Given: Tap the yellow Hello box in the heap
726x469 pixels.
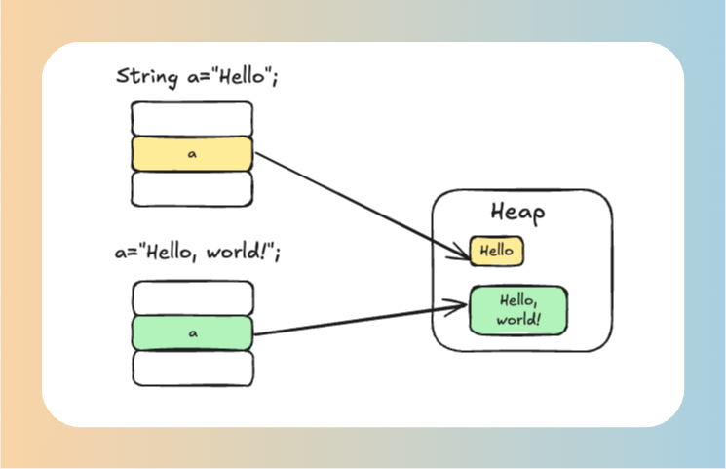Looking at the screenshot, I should pos(496,251).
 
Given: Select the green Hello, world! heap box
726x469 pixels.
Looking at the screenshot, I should pos(518,310).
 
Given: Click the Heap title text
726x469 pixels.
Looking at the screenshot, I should pos(517,213).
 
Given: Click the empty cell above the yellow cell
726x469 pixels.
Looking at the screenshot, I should pos(192,119).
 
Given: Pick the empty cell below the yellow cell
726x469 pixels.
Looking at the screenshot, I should pos(192,188).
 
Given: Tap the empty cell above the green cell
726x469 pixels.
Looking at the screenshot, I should pos(192,298).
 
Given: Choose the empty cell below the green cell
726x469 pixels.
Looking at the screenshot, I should pos(192,368).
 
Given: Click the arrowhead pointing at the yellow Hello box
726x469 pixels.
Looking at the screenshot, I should pos(464,256).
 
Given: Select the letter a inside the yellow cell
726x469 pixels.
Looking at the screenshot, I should pos(192,154).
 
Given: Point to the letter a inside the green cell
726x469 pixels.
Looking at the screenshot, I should pos(192,333).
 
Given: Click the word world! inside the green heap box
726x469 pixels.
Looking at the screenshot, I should pos(518,319).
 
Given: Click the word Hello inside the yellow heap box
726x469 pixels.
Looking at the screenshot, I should pos(496,251).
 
